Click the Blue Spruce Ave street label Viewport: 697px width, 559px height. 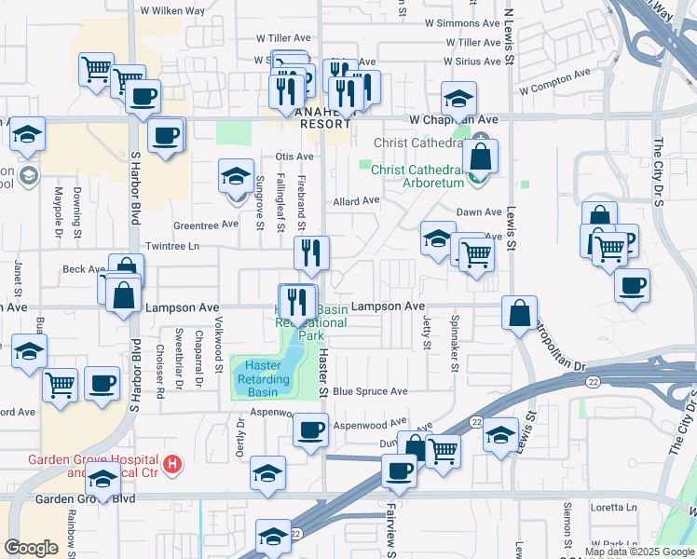[370, 391]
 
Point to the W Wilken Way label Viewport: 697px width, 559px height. [171, 11]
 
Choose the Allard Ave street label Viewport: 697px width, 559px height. [357, 200]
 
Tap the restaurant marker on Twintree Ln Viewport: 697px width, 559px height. [311, 253]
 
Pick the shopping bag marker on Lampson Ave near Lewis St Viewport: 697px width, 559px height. [519, 313]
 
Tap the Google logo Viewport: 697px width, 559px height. [32, 548]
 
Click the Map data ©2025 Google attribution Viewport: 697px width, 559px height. [639, 552]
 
